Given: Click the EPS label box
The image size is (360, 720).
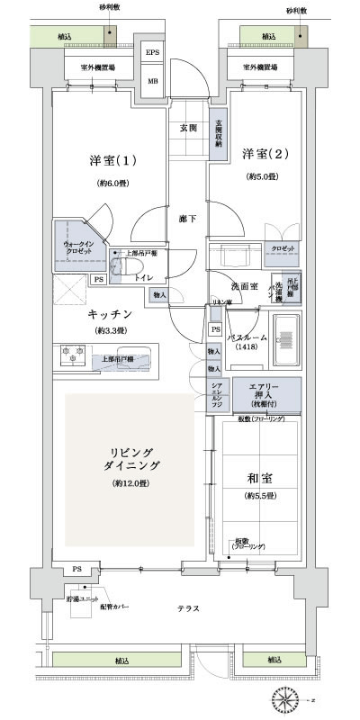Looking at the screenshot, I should (152, 53).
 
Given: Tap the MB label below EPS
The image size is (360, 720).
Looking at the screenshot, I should (152, 79).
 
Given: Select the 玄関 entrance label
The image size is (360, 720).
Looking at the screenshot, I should (188, 128).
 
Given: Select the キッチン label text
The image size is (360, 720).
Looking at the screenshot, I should (111, 314).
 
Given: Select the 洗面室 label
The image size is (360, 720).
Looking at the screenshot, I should (245, 286).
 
